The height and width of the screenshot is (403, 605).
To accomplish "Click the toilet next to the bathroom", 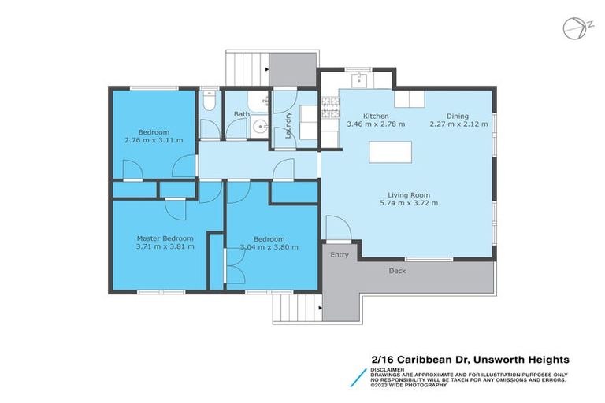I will [207, 101].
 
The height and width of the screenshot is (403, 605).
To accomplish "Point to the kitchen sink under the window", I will [358, 79].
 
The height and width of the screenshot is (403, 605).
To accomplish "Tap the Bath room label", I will [242, 114].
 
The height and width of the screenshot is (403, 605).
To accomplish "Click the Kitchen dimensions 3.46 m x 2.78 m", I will [376, 124].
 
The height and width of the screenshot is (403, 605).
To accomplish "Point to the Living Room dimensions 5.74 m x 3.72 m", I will [408, 203].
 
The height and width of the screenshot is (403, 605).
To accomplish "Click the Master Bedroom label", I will [165, 238].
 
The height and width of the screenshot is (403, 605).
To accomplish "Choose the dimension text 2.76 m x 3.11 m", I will [154, 140].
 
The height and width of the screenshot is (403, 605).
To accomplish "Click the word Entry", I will [340, 255].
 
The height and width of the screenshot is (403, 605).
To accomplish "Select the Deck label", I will [398, 271].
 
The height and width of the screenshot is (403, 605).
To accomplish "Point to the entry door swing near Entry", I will [337, 231].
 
